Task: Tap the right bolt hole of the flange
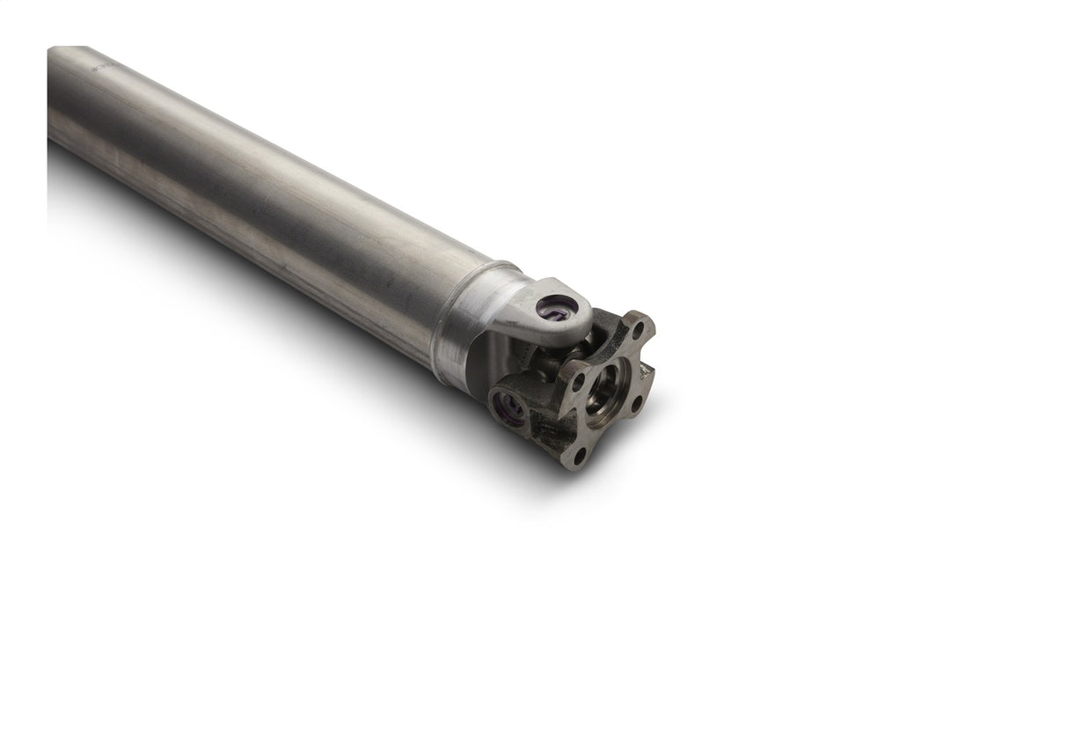click(637, 404)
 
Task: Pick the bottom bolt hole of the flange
click(578, 456)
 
